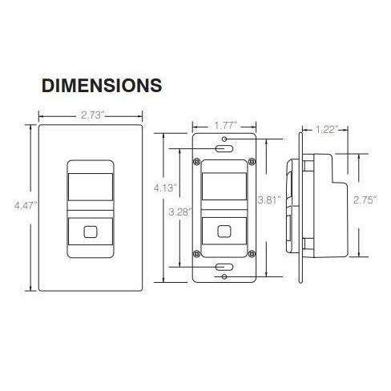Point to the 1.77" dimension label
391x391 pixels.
pyautogui.click(x=224, y=125)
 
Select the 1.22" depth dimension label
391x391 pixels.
pyautogui.click(x=326, y=128)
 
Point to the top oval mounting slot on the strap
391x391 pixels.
pyautogui.click(x=224, y=148)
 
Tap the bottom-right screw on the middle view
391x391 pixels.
pyautogui.click(x=252, y=254)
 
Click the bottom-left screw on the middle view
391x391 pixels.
pyautogui.click(x=196, y=254)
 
